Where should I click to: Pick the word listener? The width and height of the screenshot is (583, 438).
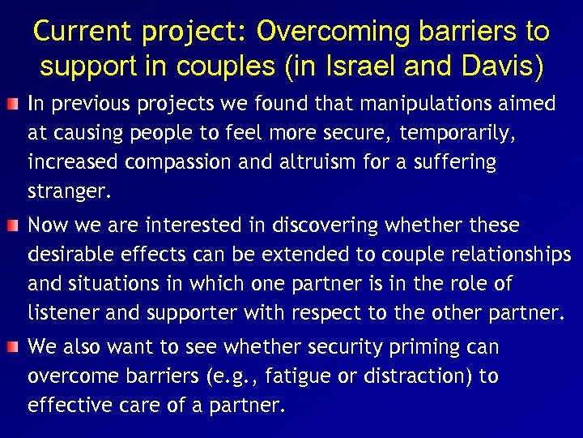click(61, 312)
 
